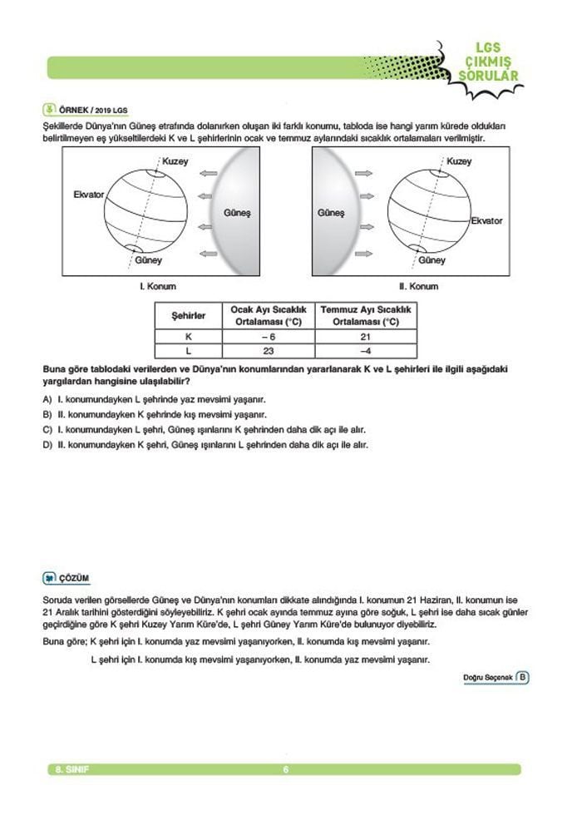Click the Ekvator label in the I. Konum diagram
[87, 194]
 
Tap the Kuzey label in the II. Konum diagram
[458, 161]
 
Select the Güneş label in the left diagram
[237, 213]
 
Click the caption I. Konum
[158, 286]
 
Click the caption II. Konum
[418, 286]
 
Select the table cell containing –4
[366, 352]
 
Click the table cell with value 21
[366, 337]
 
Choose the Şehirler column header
[188, 316]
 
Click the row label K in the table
[188, 337]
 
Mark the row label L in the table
[188, 352]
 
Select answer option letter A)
[47, 399]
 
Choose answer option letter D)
[47, 444]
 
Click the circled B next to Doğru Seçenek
[522, 676]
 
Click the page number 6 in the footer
[285, 769]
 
